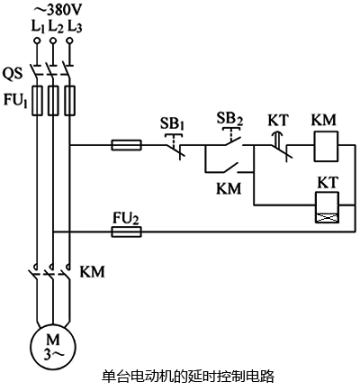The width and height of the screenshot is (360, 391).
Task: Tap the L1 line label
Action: tap(37, 27)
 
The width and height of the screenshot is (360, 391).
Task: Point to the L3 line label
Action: tap(76, 27)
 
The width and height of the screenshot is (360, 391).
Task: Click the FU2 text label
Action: tap(125, 216)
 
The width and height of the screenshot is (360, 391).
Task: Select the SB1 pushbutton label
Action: tap(174, 123)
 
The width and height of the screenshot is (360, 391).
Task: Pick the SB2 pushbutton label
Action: tap(231, 118)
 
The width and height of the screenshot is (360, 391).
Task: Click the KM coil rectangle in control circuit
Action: tap(325, 143)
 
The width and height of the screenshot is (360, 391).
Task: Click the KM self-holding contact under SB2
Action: tap(229, 169)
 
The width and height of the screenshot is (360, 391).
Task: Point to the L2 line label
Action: tap(56, 27)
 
